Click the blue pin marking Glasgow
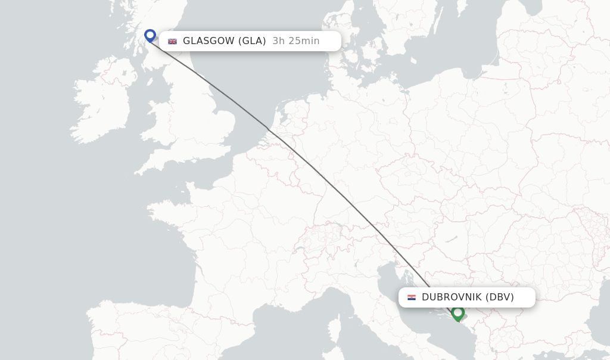click(x=150, y=36)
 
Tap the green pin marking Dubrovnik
click(x=457, y=312)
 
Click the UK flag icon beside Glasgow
click(x=173, y=41)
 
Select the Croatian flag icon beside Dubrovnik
click(x=412, y=297)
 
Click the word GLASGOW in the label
click(x=208, y=41)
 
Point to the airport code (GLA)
click(x=252, y=41)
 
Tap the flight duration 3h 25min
click(x=296, y=41)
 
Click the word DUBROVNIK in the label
click(x=452, y=297)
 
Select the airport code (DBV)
click(x=500, y=297)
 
